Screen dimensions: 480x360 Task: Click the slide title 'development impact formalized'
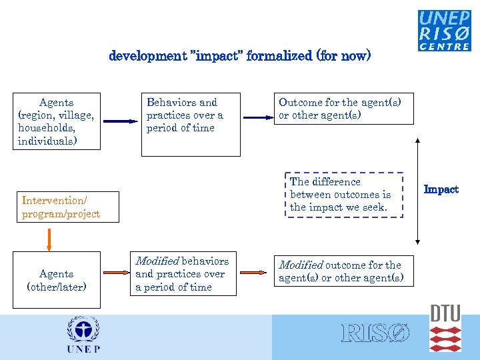click(x=239, y=56)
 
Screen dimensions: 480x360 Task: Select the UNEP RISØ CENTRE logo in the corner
click(x=444, y=31)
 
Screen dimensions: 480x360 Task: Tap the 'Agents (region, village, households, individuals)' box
click(x=57, y=121)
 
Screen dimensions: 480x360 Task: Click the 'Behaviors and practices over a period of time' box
click(x=191, y=125)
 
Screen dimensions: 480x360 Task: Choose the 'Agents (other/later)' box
click(x=57, y=280)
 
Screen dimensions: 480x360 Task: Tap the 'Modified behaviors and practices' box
click(x=183, y=274)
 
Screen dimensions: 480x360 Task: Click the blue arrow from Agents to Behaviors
click(x=120, y=121)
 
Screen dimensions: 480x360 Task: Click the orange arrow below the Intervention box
click(x=49, y=238)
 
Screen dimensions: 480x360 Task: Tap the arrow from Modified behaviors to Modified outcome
click(x=253, y=273)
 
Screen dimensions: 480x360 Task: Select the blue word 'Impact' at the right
click(x=441, y=189)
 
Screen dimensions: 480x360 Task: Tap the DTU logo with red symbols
click(x=445, y=329)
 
